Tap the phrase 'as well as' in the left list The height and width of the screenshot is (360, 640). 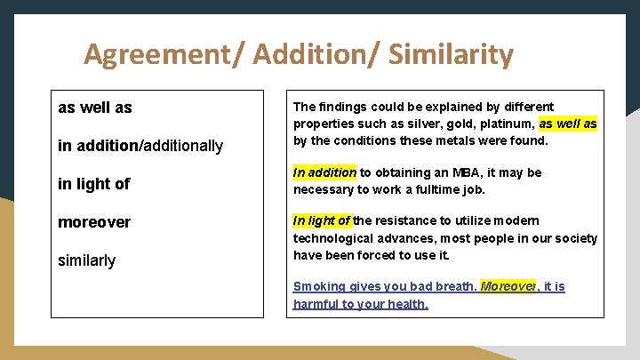(94, 108)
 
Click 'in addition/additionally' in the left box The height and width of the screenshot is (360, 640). (140, 146)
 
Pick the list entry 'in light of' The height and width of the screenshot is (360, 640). (93, 184)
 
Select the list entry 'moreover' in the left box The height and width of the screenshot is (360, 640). (93, 222)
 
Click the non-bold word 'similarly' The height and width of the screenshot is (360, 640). (86, 260)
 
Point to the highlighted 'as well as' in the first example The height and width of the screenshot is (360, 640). (568, 124)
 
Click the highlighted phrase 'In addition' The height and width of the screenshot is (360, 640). (324, 172)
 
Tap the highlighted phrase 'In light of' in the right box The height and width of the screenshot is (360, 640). (322, 220)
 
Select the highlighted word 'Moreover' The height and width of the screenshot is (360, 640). (508, 286)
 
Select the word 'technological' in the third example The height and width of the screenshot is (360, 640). (332, 238)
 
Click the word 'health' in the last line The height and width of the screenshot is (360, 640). (406, 304)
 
